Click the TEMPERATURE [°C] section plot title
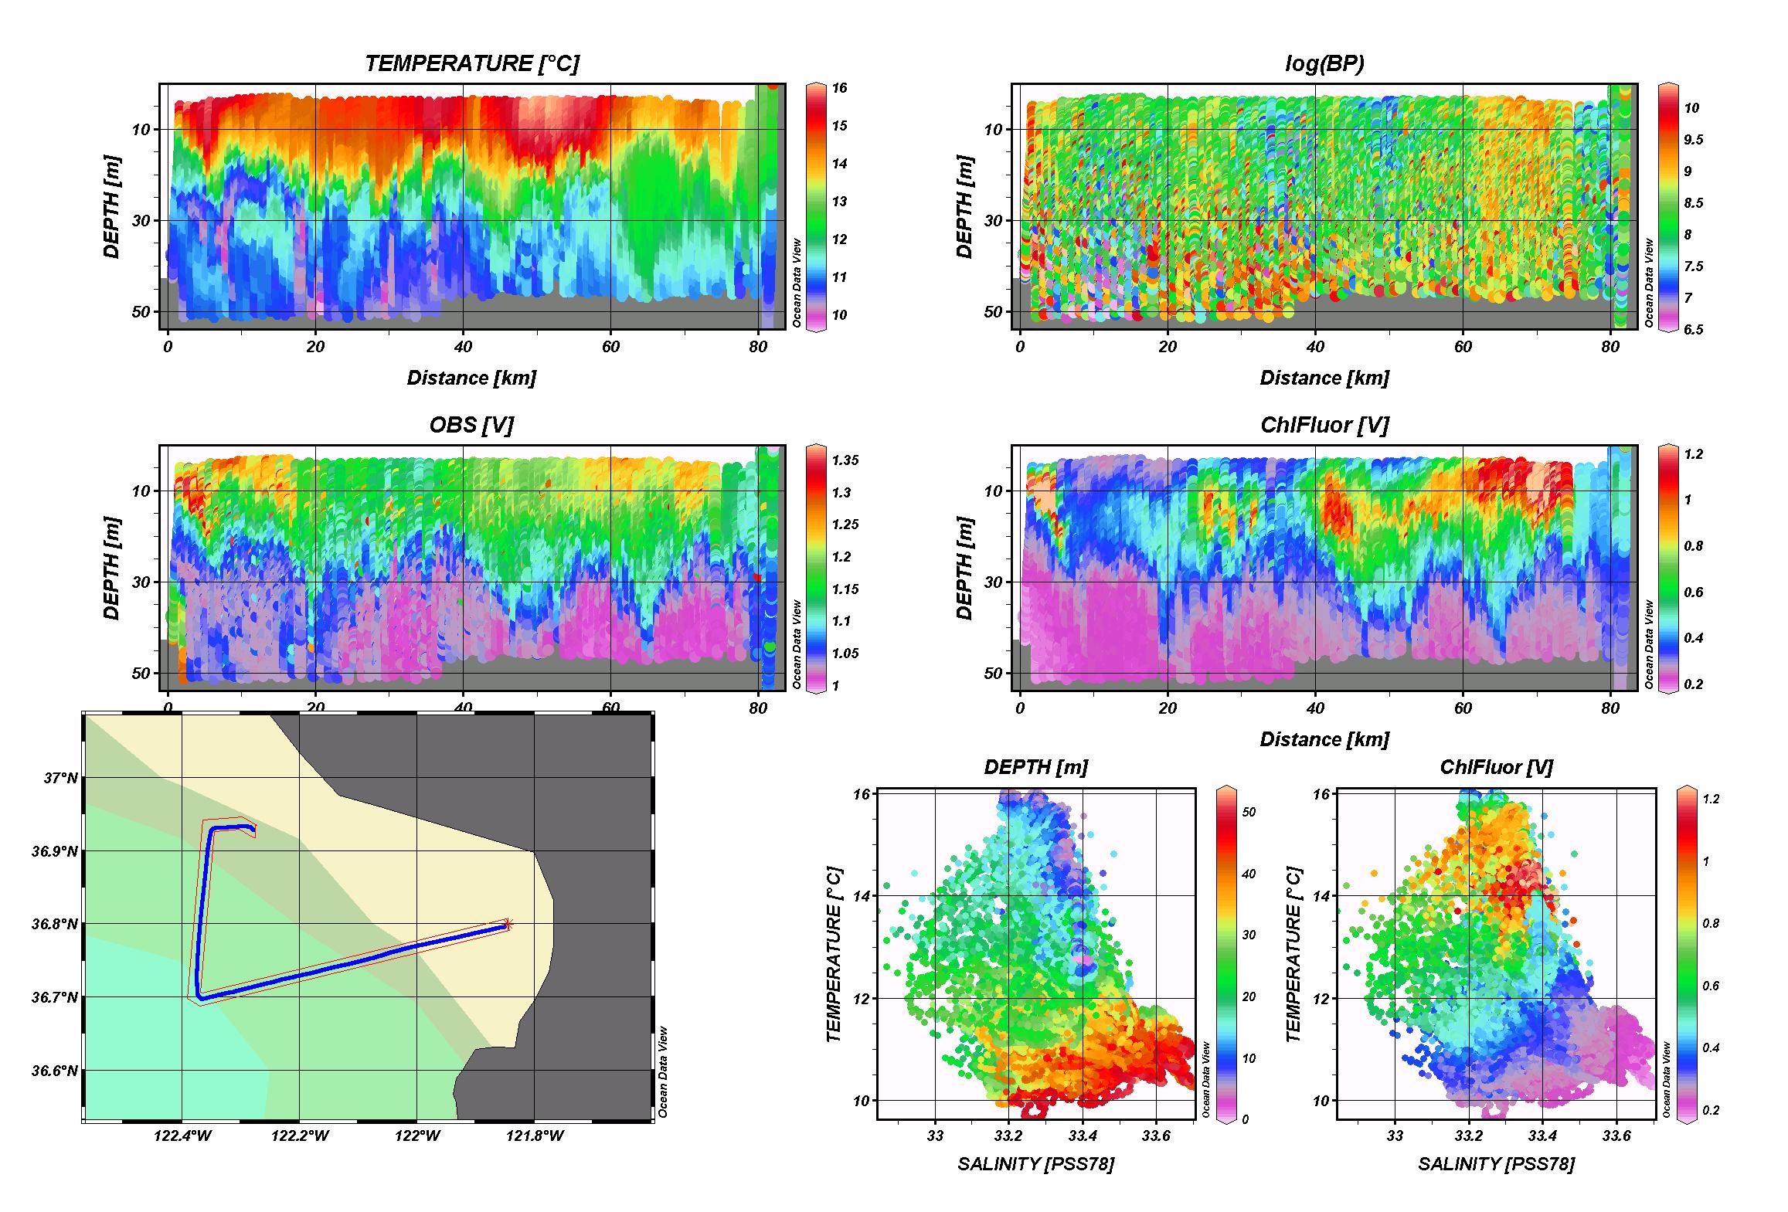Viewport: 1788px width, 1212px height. click(471, 63)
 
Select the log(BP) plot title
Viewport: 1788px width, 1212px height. click(1324, 63)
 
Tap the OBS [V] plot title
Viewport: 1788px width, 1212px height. click(471, 425)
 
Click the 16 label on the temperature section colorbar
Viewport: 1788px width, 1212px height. click(838, 88)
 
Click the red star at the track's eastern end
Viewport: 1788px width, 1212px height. click(508, 923)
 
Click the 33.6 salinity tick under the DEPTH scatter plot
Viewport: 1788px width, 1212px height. click(1155, 1136)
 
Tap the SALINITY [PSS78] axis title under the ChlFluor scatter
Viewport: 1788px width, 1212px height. click(1496, 1163)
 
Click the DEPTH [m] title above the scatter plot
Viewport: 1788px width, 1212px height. click(1035, 767)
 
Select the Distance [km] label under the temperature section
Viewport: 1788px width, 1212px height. click(471, 378)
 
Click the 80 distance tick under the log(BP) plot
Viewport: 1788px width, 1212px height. click(1610, 347)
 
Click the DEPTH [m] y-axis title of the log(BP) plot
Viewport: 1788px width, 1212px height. click(964, 207)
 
